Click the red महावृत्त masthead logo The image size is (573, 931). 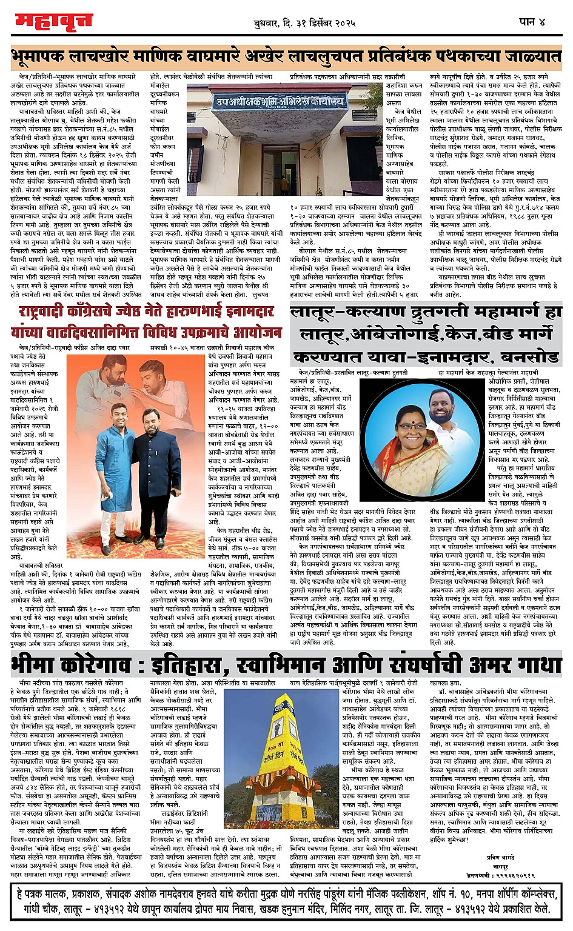[x=54, y=21]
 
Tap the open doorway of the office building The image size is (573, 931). [x=269, y=164]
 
